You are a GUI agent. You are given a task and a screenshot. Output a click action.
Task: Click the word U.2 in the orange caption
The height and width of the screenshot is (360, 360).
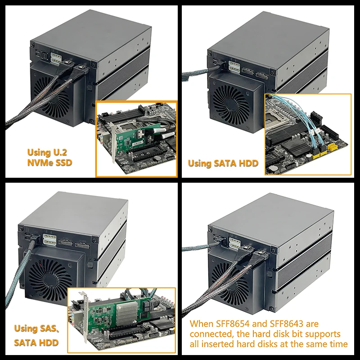pyautogui.click(x=60, y=153)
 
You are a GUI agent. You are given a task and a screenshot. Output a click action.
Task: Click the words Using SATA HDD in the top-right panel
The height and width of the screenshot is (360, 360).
pyautogui.click(x=223, y=163)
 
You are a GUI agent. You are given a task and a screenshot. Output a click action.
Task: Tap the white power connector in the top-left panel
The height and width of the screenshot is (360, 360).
pyautogui.click(x=55, y=58)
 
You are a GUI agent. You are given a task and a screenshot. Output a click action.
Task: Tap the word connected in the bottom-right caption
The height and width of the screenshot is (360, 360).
pyautogui.click(x=210, y=334)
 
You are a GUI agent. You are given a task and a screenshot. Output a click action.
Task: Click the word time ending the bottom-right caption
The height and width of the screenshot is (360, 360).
pyautogui.click(x=338, y=344)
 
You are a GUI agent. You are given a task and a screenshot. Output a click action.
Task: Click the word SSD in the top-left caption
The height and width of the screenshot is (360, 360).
pyautogui.click(x=64, y=162)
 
